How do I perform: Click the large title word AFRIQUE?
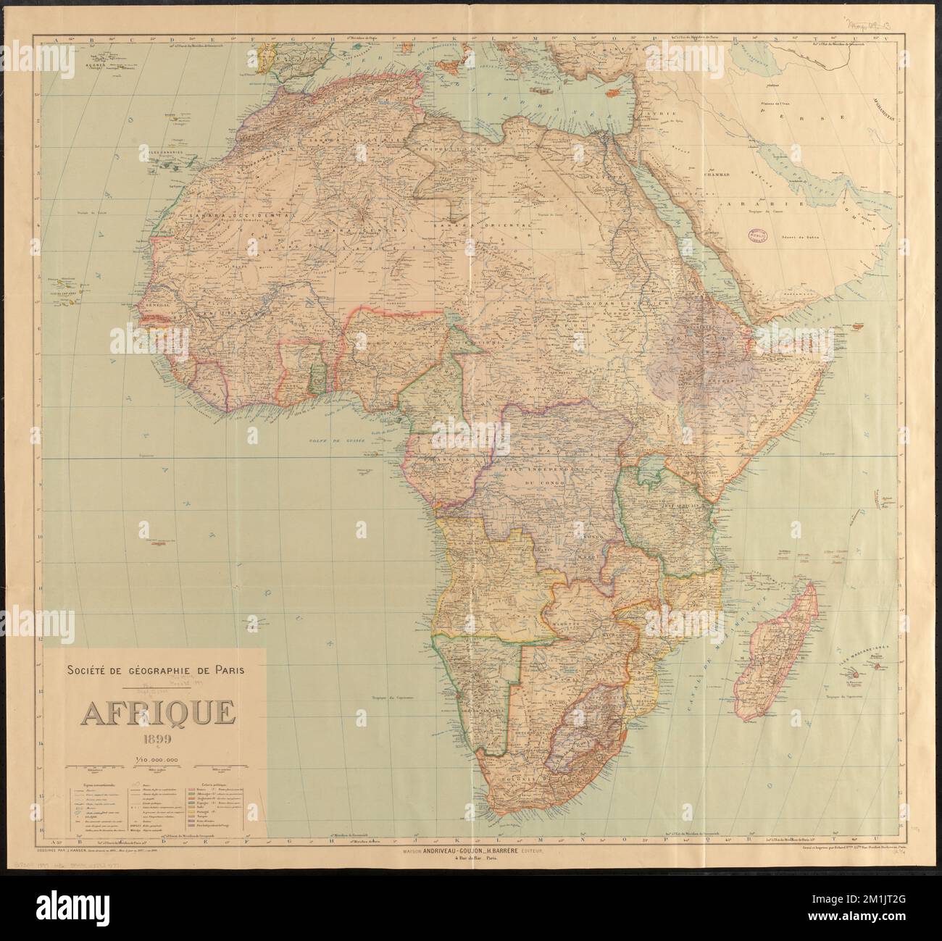[x=157, y=714]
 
